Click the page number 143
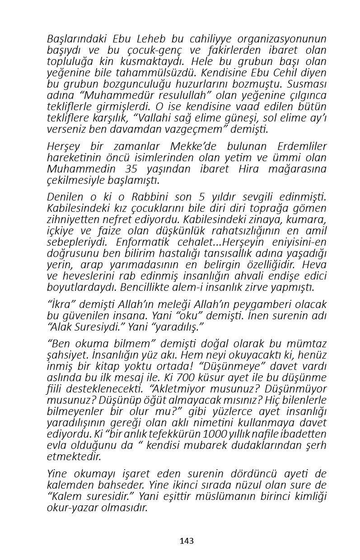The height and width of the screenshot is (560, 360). (187, 541)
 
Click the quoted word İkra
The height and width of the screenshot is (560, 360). (60, 304)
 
